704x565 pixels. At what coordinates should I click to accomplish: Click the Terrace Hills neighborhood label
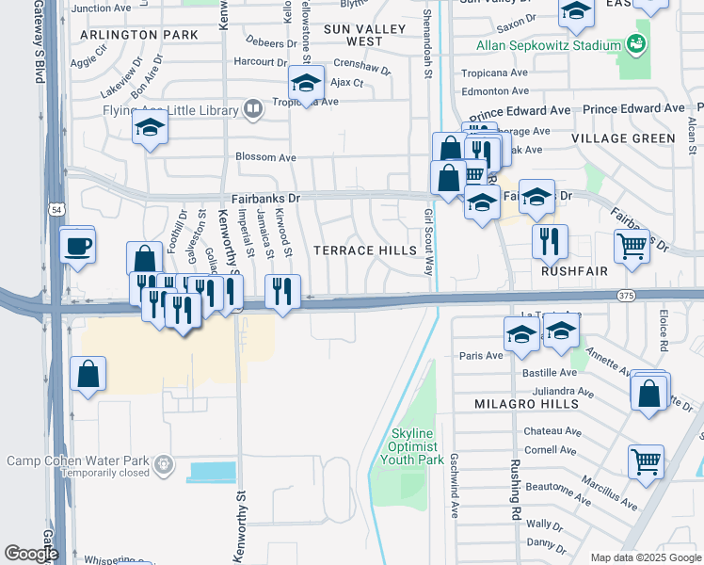[364, 250]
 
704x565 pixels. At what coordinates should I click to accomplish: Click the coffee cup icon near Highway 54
[77, 246]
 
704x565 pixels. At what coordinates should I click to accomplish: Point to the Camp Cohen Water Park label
[79, 460]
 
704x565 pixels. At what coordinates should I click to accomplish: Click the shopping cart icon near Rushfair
[632, 247]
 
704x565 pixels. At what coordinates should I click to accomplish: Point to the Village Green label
[623, 137]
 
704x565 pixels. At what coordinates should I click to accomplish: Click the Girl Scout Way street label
[427, 242]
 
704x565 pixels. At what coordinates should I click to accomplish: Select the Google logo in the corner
[31, 554]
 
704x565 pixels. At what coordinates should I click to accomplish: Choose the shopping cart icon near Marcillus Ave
[646, 461]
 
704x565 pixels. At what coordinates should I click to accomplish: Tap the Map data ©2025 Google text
[644, 557]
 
